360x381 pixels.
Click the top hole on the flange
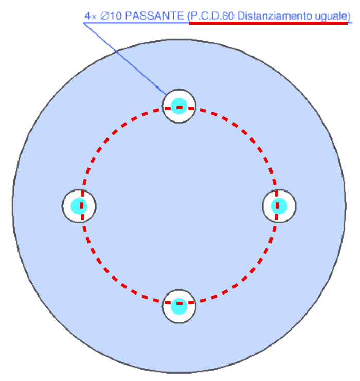[x=179, y=106]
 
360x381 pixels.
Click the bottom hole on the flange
[x=179, y=306]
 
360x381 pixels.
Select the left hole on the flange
[x=79, y=206]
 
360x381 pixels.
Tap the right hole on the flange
[x=279, y=206]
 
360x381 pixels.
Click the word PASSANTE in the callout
[x=155, y=16]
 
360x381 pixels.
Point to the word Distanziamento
[x=274, y=16]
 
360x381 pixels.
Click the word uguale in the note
[x=331, y=17]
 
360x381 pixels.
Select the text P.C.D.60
[x=212, y=16]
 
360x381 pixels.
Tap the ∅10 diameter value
[x=111, y=16]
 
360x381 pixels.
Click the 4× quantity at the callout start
[x=91, y=16]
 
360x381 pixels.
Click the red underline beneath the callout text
[x=268, y=23]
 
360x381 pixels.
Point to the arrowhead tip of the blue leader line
[x=167, y=95]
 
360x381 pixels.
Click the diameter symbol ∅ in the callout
[x=104, y=16]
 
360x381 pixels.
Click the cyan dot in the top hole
[x=179, y=106]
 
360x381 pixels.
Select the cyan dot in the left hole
[x=79, y=206]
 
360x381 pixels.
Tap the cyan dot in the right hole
[x=279, y=206]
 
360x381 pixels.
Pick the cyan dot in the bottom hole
[x=179, y=306]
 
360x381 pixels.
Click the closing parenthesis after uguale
[x=349, y=16]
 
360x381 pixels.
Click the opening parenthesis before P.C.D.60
[x=189, y=16]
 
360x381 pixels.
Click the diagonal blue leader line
[x=125, y=59]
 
